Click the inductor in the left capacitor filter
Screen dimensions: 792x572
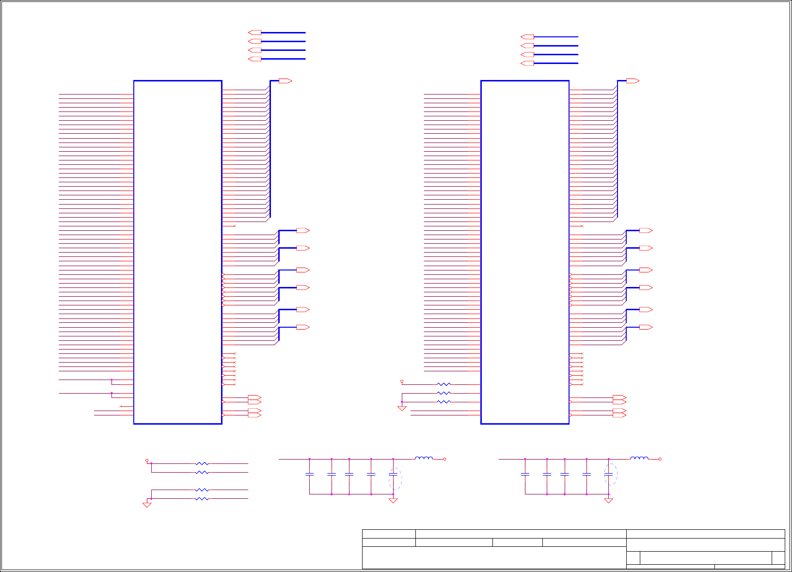click(x=424, y=458)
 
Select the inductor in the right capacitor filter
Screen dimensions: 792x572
click(x=639, y=458)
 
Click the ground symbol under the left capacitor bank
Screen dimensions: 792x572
click(x=393, y=500)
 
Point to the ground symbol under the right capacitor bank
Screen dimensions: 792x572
click(x=608, y=500)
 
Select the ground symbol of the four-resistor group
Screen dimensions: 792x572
click(x=147, y=505)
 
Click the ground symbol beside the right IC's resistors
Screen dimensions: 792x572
click(x=402, y=408)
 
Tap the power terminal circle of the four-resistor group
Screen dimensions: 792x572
click(x=147, y=461)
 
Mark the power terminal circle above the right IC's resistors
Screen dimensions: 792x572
click(x=402, y=381)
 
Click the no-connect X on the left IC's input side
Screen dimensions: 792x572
click(x=121, y=406)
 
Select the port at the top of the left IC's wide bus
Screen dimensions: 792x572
click(x=285, y=81)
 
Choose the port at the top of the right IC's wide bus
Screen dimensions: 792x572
click(x=633, y=81)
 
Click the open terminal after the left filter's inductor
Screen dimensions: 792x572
click(x=444, y=459)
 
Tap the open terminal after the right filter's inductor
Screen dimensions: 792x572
click(x=660, y=459)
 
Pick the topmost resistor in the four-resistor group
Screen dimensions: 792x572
click(x=202, y=463)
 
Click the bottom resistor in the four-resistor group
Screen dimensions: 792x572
click(x=202, y=498)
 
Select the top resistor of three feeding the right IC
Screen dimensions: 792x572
click(x=444, y=384)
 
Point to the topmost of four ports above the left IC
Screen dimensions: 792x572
click(x=255, y=32)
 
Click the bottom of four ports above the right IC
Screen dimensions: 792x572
click(x=527, y=63)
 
